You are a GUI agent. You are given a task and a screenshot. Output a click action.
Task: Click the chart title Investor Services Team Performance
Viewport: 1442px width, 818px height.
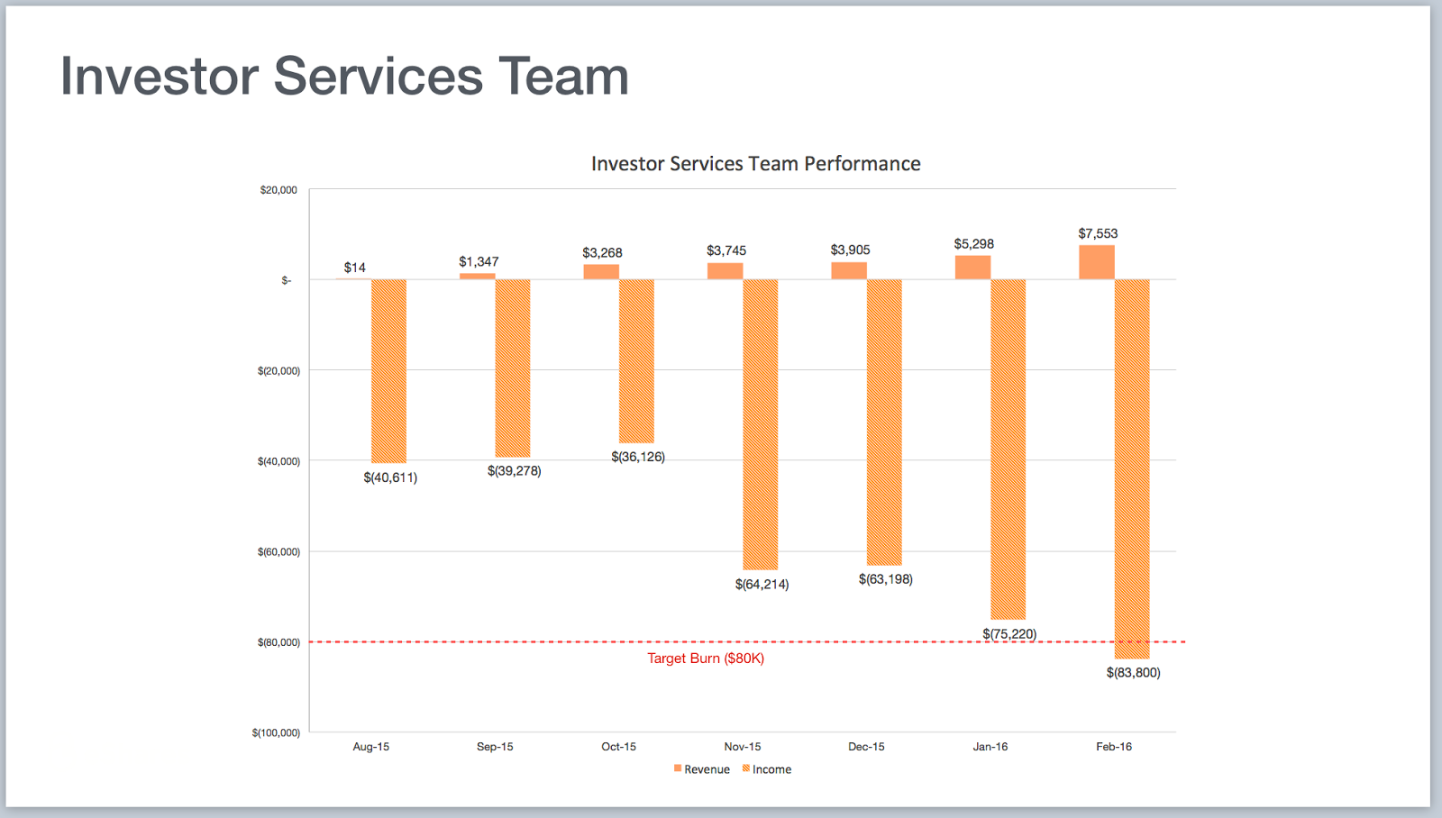[755, 164]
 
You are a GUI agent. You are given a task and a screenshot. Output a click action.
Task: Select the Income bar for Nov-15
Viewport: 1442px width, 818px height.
[760, 424]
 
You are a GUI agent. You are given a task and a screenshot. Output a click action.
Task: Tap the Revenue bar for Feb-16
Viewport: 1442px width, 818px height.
[1096, 262]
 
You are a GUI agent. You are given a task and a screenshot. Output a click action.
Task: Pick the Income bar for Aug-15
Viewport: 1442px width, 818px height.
[388, 371]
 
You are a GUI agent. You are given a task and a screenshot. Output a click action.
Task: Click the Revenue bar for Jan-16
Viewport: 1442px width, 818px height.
[972, 268]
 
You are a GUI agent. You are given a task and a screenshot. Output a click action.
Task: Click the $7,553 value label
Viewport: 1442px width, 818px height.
[1098, 233]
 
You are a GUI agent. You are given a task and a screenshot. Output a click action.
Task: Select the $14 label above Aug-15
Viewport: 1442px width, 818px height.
[354, 268]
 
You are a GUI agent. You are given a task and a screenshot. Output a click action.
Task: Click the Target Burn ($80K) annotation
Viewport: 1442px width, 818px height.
[706, 659]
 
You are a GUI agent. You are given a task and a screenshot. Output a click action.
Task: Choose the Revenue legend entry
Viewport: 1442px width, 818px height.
[702, 769]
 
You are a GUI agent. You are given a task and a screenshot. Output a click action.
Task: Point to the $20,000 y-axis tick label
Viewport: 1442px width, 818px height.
[278, 190]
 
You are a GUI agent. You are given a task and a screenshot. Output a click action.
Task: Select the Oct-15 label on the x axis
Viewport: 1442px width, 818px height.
[618, 747]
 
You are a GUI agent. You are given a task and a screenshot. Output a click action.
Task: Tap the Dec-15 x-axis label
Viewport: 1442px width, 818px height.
[866, 747]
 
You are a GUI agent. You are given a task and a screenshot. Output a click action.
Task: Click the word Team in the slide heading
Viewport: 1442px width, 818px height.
[563, 76]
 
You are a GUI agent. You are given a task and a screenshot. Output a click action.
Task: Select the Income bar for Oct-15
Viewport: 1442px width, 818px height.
[636, 360]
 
